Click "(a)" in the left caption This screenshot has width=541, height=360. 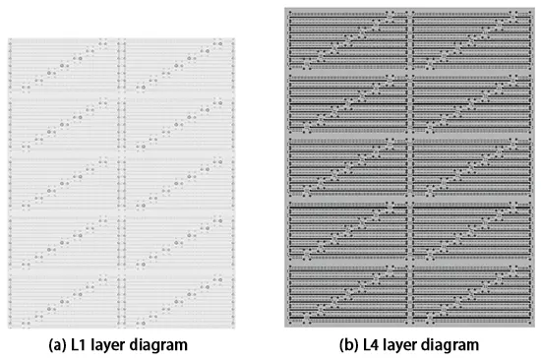60,345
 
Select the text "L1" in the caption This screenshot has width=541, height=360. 86,345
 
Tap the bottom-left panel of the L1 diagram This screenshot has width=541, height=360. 64,296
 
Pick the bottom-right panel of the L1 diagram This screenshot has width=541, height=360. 179,296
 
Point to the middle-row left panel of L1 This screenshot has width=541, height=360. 64,182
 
